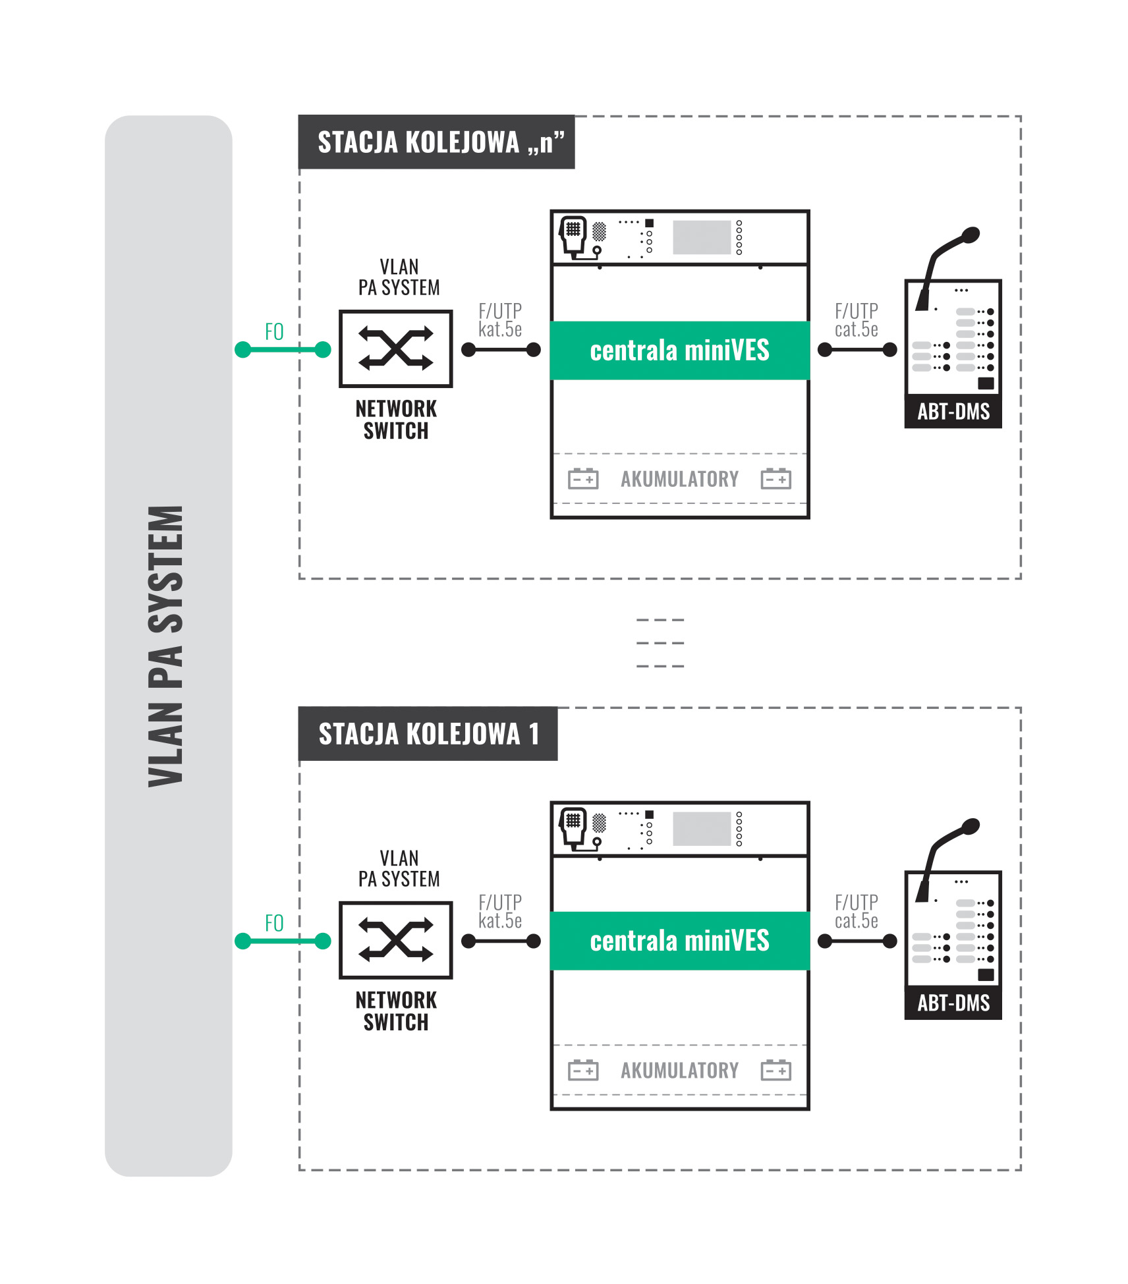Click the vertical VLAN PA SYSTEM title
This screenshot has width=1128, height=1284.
tap(166, 646)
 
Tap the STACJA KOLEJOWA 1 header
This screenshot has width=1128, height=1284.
tap(428, 734)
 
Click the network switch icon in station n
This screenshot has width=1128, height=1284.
tap(395, 349)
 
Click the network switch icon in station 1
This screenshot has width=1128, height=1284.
tap(395, 940)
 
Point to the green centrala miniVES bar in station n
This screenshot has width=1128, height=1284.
tap(679, 350)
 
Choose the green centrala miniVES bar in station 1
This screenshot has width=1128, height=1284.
tap(679, 941)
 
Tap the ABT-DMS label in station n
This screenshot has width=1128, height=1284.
tap(953, 412)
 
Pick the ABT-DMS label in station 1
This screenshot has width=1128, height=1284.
tap(953, 1003)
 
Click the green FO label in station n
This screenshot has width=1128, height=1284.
tap(274, 331)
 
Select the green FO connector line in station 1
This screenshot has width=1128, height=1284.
tap(283, 941)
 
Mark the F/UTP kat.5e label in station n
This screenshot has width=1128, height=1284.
tap(500, 320)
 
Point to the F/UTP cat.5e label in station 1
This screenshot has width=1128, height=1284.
tap(856, 911)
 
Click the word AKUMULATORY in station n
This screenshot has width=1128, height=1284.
tap(679, 479)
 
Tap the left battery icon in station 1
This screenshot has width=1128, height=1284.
tap(583, 1070)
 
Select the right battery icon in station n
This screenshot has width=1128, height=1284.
tap(775, 479)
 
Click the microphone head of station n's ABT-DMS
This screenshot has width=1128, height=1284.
tap(970, 235)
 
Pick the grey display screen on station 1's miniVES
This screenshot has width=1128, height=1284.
tap(702, 828)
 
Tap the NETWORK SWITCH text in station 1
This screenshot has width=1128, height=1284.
tap(396, 1011)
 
